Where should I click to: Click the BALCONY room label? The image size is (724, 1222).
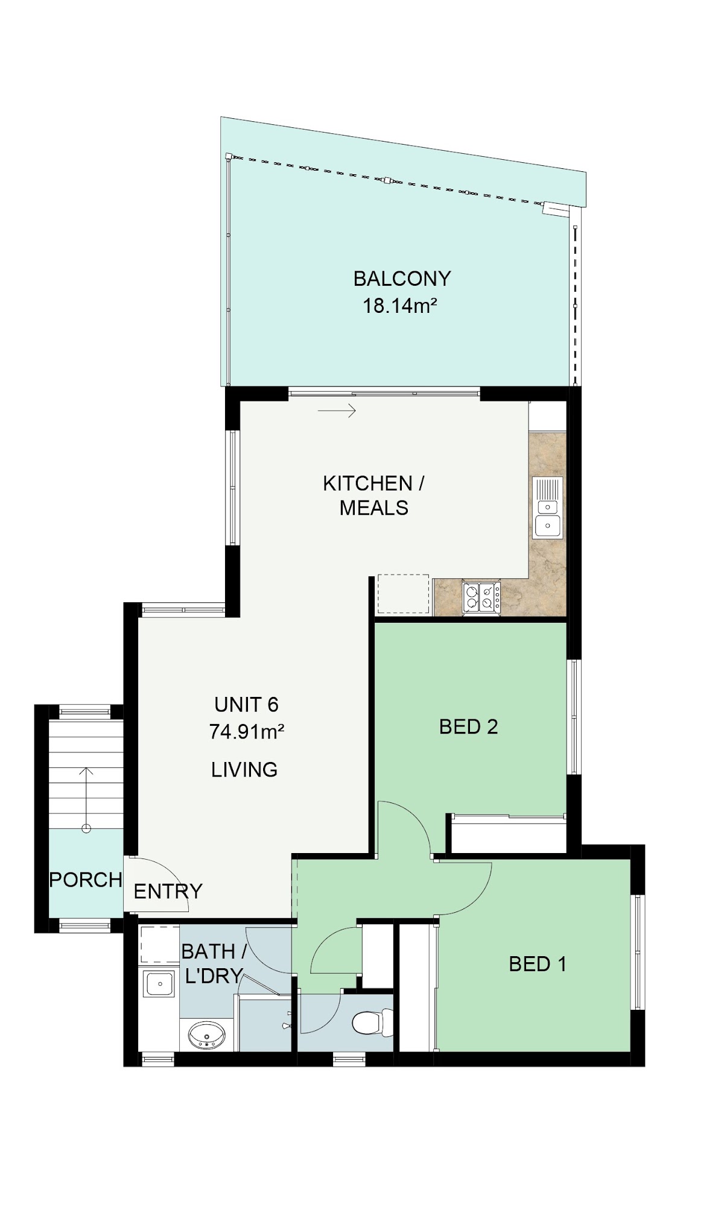pyautogui.click(x=402, y=279)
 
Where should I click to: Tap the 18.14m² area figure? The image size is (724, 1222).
pyautogui.click(x=399, y=306)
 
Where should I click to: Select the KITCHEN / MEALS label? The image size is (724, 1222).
pyautogui.click(x=373, y=496)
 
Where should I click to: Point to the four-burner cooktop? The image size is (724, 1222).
pyautogui.click(x=481, y=597)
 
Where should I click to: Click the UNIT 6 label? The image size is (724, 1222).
pyautogui.click(x=246, y=704)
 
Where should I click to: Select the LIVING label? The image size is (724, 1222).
pyautogui.click(x=244, y=769)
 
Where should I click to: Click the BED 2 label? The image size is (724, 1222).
pyautogui.click(x=468, y=727)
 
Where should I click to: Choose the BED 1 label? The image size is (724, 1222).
pyautogui.click(x=538, y=964)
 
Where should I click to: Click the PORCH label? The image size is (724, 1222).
pyautogui.click(x=86, y=880)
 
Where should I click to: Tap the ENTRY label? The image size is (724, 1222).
pyautogui.click(x=168, y=891)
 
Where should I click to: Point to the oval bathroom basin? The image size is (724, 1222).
pyautogui.click(x=207, y=1035)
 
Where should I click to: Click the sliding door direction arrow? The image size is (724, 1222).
pyautogui.click(x=337, y=411)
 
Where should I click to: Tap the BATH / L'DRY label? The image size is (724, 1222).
pyautogui.click(x=214, y=963)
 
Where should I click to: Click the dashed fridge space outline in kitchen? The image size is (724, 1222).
pyautogui.click(x=403, y=594)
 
